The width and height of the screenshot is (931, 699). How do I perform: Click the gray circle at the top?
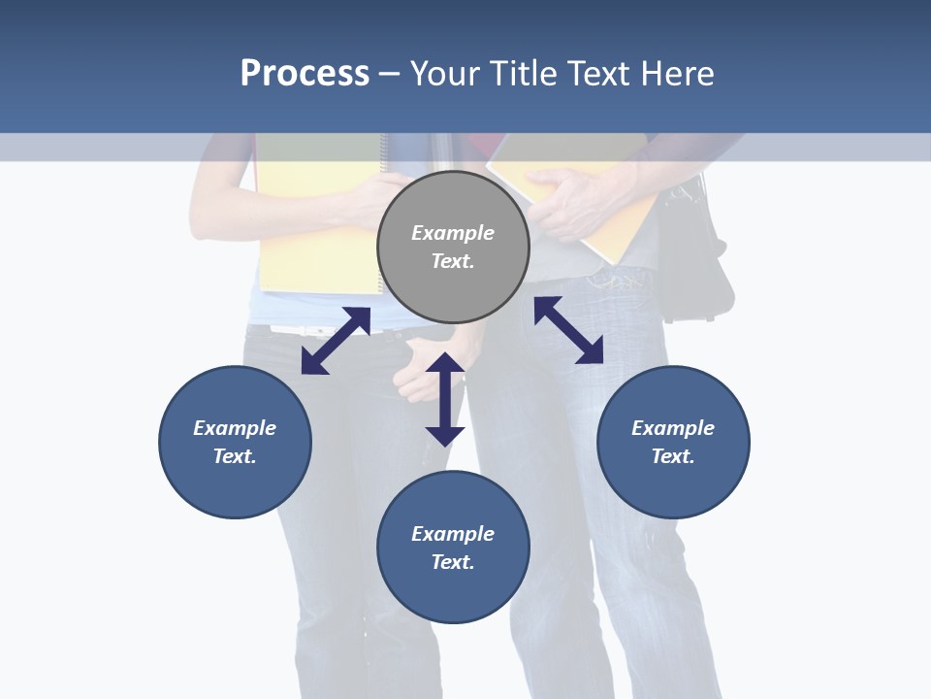click(x=453, y=248)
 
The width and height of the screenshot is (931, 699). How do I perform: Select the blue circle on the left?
click(x=235, y=442)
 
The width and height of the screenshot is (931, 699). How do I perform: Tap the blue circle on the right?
click(x=673, y=442)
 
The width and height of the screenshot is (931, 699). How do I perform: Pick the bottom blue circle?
click(x=453, y=548)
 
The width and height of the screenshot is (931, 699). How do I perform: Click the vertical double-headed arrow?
click(x=445, y=399)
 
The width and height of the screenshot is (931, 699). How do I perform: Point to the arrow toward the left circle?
click(x=336, y=341)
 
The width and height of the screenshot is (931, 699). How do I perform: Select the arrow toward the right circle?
click(x=568, y=330)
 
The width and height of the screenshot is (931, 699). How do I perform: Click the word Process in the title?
click(x=305, y=74)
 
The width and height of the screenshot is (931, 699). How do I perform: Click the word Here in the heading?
click(x=676, y=74)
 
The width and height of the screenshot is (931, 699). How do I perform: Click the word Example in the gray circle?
click(x=453, y=233)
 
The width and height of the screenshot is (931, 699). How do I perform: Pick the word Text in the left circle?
click(x=234, y=456)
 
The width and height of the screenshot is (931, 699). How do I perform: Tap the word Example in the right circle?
click(x=673, y=428)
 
